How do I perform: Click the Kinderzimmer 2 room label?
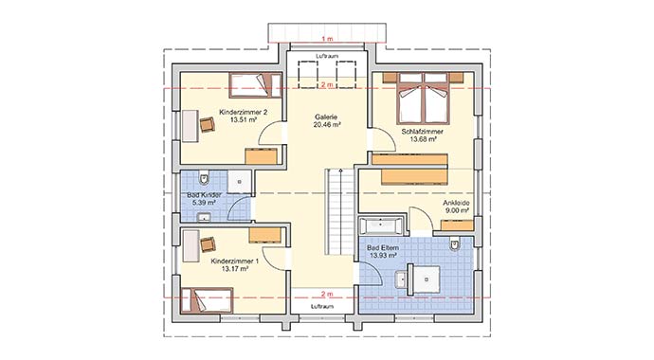click(244, 116)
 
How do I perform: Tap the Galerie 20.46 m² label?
click(326, 121)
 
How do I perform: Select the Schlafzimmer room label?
click(423, 135)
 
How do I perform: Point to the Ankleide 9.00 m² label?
click(456, 207)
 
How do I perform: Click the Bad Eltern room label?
click(383, 252)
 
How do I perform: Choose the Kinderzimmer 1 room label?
click(235, 265)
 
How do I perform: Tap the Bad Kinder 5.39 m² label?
click(204, 199)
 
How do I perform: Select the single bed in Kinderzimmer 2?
click(255, 85)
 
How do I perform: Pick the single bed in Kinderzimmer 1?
click(206, 301)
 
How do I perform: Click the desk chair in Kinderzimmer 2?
click(208, 124)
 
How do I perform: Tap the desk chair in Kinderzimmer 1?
click(208, 244)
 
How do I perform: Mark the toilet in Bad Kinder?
click(204, 178)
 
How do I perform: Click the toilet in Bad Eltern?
click(454, 244)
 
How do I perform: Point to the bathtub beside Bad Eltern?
click(381, 225)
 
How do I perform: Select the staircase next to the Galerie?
click(340, 211)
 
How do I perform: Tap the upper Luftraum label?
click(327, 55)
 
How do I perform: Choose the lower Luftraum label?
click(323, 307)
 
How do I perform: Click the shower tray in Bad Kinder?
click(240, 182)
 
